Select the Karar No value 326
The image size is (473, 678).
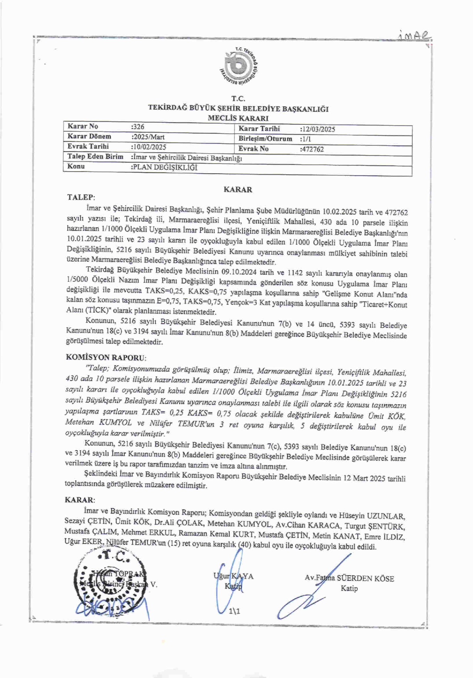[138, 127]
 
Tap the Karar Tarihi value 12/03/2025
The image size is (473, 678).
[318, 129]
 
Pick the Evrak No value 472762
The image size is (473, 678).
[312, 149]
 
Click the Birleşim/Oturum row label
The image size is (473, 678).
[265, 139]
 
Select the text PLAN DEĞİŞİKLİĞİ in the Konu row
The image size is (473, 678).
[165, 167]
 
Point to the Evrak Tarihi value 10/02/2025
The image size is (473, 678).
[149, 147]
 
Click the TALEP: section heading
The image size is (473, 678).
[81, 197]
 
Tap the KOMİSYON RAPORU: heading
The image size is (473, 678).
[106, 357]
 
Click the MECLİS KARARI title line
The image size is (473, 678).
[238, 118]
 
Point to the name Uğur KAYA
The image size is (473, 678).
[233, 576]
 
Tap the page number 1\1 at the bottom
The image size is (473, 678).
[234, 611]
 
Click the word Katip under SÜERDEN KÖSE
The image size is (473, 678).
[349, 588]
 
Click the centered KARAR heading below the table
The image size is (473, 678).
[238, 189]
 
